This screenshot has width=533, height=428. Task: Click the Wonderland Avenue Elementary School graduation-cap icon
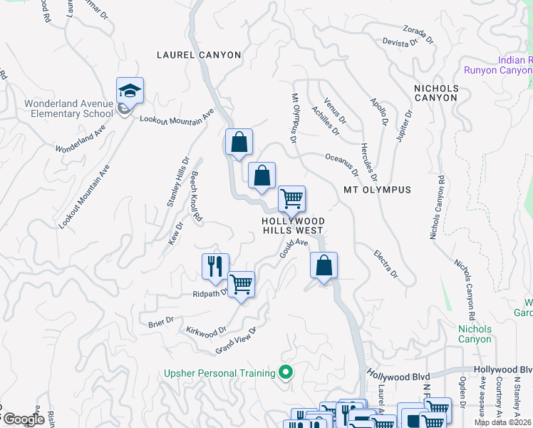click(130, 91)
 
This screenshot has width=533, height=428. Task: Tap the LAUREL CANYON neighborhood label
click(199, 55)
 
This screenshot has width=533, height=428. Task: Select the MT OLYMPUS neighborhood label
click(377, 190)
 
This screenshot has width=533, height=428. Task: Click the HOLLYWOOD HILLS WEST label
click(293, 225)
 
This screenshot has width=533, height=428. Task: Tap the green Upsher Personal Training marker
click(286, 372)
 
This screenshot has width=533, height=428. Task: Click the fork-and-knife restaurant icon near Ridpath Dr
click(215, 267)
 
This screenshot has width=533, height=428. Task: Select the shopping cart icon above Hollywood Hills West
click(291, 199)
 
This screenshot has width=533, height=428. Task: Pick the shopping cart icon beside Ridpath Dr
click(242, 285)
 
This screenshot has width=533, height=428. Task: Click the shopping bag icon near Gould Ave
click(324, 266)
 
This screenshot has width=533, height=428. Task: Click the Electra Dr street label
click(385, 263)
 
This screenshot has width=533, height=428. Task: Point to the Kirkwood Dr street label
click(206, 331)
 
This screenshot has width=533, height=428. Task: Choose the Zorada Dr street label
click(414, 34)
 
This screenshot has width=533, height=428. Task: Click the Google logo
click(24, 420)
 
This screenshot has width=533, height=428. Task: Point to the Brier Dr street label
click(161, 320)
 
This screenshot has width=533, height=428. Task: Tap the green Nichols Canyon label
click(475, 334)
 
